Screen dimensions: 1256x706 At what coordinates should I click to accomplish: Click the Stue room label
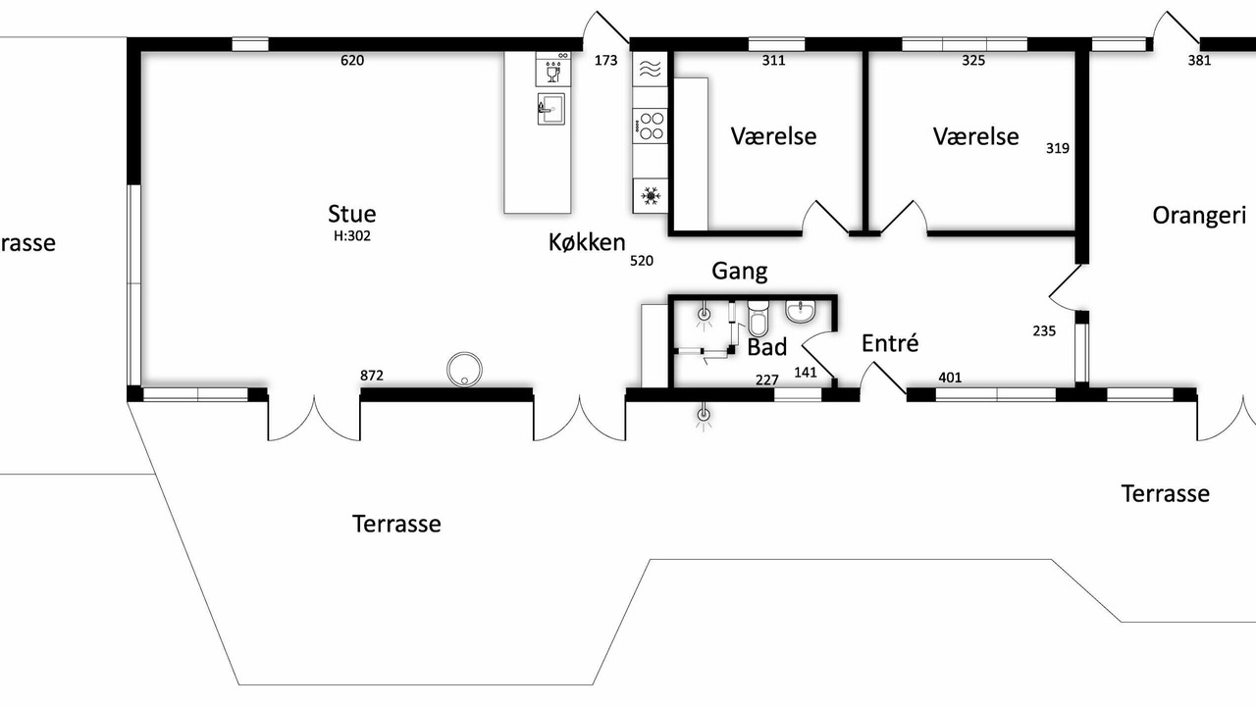point(351,214)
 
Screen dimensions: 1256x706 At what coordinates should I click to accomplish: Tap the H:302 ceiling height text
point(352,236)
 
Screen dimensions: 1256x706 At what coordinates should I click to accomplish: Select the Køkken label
point(587,242)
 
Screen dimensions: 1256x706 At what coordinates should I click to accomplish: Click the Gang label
point(740,272)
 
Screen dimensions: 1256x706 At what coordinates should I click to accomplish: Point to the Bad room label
point(767,347)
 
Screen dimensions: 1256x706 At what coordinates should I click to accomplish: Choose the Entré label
point(890,343)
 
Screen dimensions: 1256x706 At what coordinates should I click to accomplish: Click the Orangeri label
point(1199,216)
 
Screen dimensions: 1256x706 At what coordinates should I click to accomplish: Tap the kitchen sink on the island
point(551,109)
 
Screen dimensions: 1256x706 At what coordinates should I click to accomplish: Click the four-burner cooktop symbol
point(651,126)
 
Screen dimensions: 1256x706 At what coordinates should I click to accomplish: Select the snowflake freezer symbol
point(651,196)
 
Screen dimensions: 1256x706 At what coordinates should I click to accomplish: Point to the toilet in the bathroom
point(758,319)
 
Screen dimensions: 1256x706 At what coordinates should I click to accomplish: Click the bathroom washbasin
point(800,312)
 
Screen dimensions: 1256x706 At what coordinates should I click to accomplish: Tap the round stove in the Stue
point(464,370)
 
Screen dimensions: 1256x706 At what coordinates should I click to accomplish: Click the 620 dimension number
point(352,60)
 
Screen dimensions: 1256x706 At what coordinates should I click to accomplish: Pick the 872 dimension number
point(372,376)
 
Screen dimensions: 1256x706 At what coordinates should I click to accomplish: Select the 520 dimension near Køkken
point(642,261)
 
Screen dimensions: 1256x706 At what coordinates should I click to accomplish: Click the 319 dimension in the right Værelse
point(1058,148)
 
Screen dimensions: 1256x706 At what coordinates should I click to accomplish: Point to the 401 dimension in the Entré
point(950,378)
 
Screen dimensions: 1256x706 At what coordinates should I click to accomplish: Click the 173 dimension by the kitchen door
point(605,60)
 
